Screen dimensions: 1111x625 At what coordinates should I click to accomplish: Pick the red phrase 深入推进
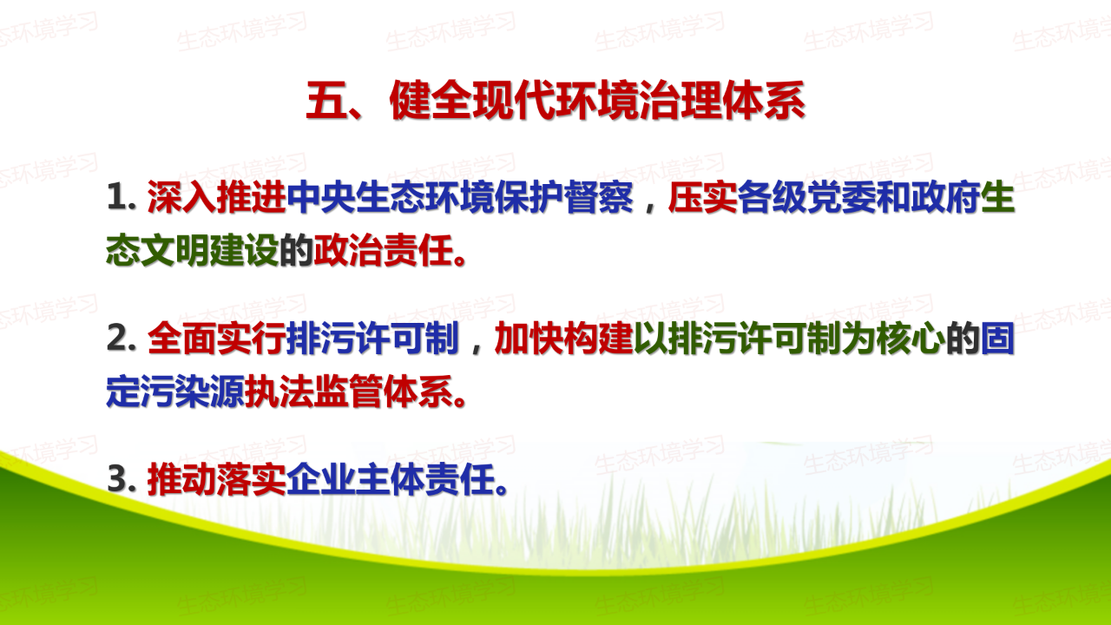point(217,197)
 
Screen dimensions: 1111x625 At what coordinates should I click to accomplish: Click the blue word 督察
point(598,197)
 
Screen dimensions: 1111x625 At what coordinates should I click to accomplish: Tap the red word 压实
point(702,197)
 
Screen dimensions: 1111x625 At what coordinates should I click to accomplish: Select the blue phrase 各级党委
point(806,197)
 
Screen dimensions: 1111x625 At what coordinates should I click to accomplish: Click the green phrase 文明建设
point(210,251)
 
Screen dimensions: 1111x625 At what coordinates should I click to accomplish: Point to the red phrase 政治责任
point(384,251)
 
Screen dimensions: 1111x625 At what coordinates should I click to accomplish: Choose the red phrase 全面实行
point(217,339)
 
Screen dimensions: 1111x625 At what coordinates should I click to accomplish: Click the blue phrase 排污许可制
point(373,339)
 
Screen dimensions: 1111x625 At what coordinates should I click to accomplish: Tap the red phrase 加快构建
point(564,339)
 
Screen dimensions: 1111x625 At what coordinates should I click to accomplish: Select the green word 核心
point(910,339)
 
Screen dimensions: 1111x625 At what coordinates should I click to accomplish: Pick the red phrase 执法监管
point(314,391)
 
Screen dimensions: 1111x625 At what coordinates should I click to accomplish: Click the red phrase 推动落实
point(217,480)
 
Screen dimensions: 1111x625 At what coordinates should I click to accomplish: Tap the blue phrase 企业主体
point(356,480)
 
